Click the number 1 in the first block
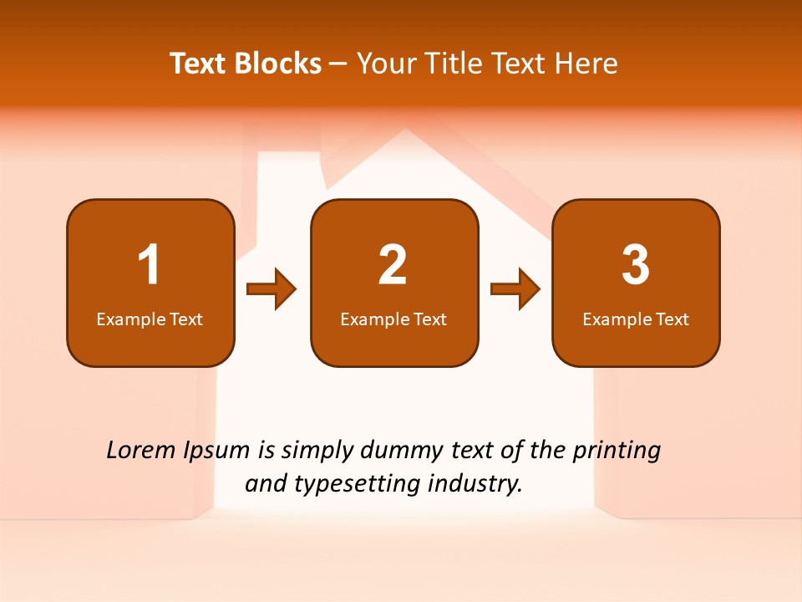149,265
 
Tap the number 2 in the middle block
393,265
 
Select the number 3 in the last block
636,265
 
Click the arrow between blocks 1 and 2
272,289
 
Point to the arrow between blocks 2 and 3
515,289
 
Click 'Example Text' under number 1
150,319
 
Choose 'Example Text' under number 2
393,319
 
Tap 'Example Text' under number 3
636,319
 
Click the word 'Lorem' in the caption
141,451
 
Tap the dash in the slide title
338,64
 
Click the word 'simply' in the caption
316,451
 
